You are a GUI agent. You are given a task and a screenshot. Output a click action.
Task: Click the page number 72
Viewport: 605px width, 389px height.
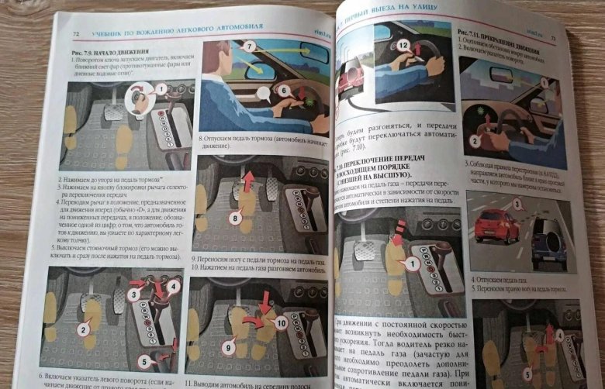(x=75, y=34)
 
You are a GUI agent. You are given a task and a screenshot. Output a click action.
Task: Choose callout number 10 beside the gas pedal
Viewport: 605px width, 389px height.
(x=279, y=321)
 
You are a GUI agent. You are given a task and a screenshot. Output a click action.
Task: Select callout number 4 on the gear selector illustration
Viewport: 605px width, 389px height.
(x=175, y=285)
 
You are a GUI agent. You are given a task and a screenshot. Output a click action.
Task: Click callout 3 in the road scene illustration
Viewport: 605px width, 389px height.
(x=517, y=205)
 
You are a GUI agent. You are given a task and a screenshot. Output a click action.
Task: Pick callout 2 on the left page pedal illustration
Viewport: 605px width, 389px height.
(x=81, y=329)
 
